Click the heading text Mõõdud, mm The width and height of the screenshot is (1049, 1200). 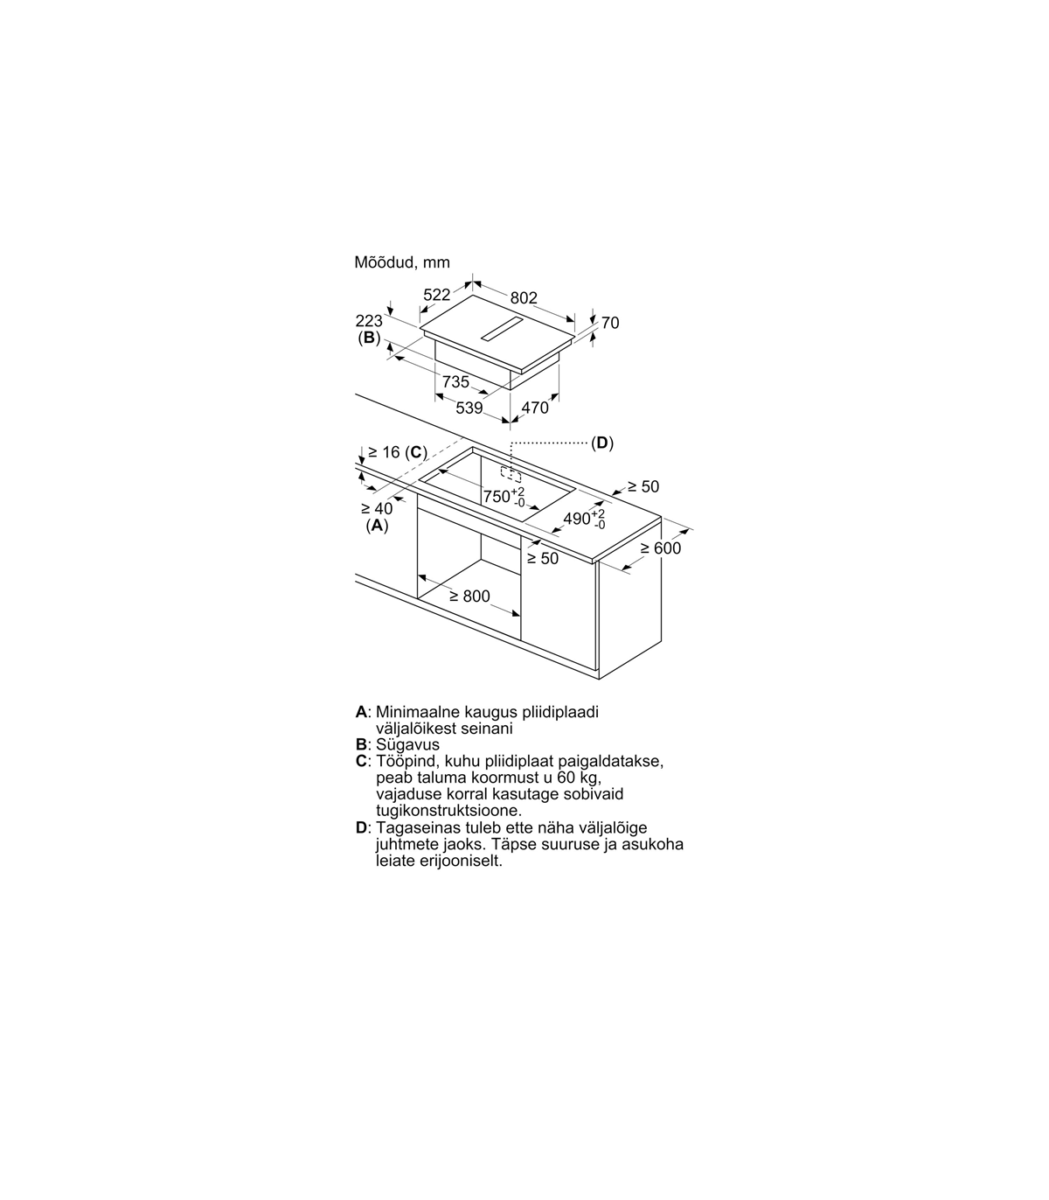click(x=402, y=262)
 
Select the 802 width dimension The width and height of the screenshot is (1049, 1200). click(x=524, y=298)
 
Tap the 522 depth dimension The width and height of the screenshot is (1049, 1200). click(x=436, y=295)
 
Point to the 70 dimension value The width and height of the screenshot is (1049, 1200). click(x=610, y=323)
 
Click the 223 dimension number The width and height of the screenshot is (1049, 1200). click(x=369, y=321)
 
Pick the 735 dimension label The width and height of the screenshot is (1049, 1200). click(x=455, y=382)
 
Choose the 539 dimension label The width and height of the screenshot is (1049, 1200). click(x=469, y=408)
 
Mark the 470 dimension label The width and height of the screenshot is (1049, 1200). click(x=534, y=408)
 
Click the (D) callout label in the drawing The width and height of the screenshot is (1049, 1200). click(x=601, y=443)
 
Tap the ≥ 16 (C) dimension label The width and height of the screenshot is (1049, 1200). click(x=398, y=452)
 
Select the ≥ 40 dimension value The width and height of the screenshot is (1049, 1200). click(x=377, y=508)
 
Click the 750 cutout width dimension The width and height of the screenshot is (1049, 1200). click(x=504, y=496)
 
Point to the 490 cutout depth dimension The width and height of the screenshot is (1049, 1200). click(x=584, y=519)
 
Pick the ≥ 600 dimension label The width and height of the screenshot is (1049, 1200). click(x=661, y=548)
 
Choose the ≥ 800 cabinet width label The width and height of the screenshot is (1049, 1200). click(x=469, y=596)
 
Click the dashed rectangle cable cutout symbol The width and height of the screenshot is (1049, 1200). click(x=511, y=474)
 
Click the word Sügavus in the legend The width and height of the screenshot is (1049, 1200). click(x=407, y=745)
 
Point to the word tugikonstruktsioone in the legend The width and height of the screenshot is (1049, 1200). click(x=448, y=811)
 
